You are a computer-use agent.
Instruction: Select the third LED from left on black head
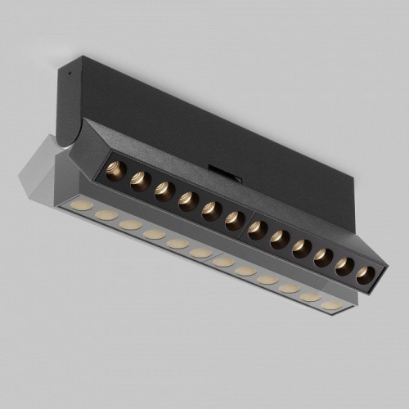pos(163,188)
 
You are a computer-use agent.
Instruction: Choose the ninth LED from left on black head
pos(300,249)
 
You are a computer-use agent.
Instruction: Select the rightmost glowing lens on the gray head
pos(330,305)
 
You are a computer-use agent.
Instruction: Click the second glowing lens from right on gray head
pos(309,296)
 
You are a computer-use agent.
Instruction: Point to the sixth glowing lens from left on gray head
pos(200,254)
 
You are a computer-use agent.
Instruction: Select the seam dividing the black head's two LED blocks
pos(245,222)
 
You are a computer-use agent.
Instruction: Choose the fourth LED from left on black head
pos(187,197)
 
